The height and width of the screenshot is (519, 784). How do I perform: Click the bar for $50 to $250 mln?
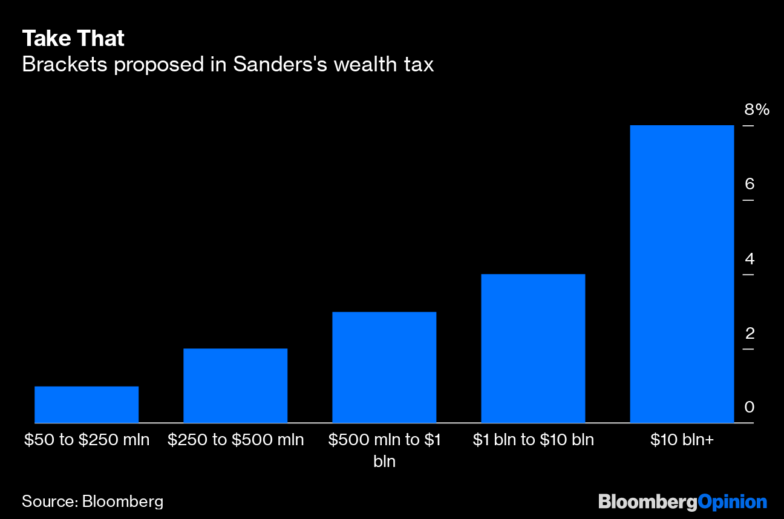[87, 404]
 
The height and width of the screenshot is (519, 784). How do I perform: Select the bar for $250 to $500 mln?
[235, 385]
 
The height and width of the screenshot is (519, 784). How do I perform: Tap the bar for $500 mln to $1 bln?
[384, 367]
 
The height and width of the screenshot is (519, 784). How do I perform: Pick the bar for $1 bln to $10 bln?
[533, 348]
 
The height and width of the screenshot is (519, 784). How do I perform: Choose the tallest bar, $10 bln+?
[682, 274]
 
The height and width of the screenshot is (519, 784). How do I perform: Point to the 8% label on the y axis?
[756, 110]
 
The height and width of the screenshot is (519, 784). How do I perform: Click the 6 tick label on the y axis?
[750, 184]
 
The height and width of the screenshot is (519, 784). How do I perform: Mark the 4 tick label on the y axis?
[750, 259]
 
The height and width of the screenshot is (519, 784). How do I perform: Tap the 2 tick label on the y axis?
[750, 333]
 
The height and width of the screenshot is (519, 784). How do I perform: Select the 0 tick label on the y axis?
[750, 407]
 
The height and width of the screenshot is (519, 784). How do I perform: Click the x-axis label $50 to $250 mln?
[87, 440]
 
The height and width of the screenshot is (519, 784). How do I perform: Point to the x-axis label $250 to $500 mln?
[235, 440]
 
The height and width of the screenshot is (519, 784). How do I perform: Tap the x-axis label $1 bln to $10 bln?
[533, 440]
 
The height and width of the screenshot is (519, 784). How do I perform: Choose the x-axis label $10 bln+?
[682, 440]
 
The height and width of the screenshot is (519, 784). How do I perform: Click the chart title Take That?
[73, 39]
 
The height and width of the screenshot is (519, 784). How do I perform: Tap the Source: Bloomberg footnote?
[93, 501]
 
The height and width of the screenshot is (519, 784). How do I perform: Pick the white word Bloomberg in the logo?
[647, 501]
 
